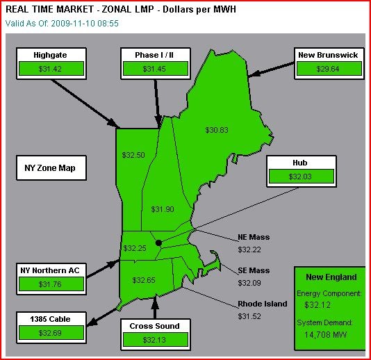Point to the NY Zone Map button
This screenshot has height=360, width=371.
click(x=50, y=168)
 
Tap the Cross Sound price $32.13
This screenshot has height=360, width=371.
click(x=154, y=339)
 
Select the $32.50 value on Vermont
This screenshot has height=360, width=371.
click(x=133, y=155)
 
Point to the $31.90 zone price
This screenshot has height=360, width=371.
click(x=163, y=209)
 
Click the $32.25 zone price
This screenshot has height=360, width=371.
click(x=135, y=248)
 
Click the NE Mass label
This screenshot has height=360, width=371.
click(x=254, y=238)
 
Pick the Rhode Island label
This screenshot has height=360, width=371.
click(x=263, y=304)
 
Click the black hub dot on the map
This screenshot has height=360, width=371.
click(x=159, y=243)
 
